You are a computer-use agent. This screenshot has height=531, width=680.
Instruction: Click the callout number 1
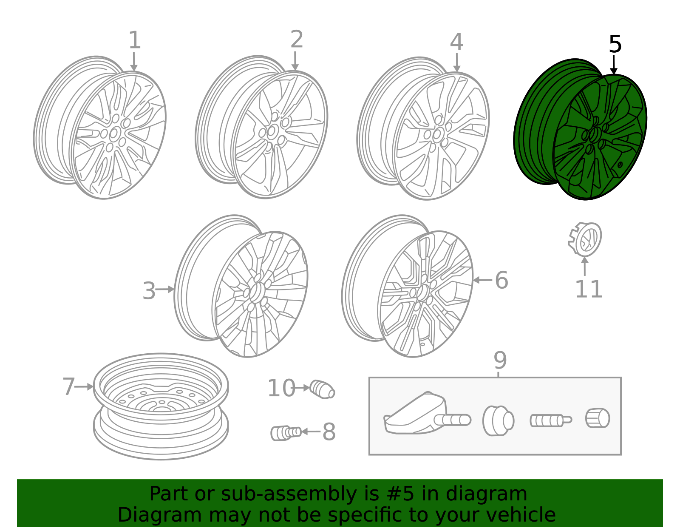point(135,40)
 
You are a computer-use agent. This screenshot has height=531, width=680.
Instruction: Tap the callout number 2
point(297,39)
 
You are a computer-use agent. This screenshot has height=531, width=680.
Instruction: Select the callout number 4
point(456,42)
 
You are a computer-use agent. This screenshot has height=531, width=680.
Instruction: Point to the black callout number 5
point(615,44)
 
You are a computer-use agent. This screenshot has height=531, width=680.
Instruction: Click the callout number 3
point(149,291)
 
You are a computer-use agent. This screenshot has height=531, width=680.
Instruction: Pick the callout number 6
point(501,280)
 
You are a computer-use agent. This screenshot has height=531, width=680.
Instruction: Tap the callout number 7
point(69,386)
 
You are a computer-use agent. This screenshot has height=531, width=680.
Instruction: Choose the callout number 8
point(329,432)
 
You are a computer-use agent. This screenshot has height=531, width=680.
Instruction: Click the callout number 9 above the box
point(500,360)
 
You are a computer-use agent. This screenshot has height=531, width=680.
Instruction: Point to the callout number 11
point(589,290)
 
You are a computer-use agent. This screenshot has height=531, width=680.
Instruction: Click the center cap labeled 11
point(585,239)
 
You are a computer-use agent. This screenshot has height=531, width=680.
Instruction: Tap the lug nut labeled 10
point(322,389)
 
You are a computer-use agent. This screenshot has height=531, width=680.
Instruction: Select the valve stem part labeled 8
point(286,433)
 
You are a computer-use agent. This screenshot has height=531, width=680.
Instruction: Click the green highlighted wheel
point(581,129)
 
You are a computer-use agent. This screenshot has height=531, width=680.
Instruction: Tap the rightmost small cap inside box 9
point(598,418)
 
